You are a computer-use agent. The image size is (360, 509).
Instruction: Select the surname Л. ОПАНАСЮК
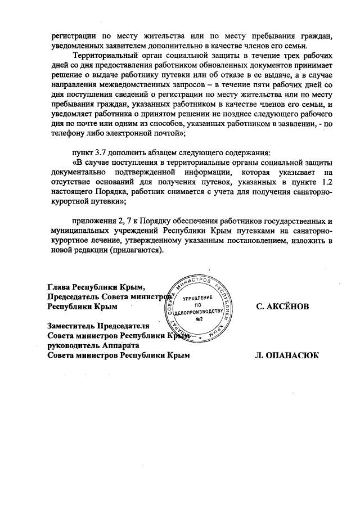click(286, 355)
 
